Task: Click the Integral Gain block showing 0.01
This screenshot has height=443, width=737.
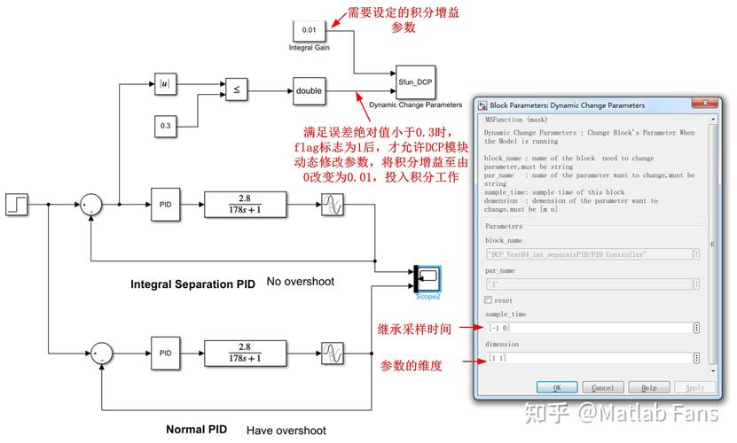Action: pos(309,29)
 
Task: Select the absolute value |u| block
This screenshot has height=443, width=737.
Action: pos(165,85)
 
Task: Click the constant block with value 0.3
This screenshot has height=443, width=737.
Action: pos(165,126)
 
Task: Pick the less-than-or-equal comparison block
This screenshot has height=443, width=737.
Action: pos(236,89)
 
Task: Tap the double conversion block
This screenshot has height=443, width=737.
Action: pos(309,90)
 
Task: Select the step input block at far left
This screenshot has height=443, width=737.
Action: pos(17,205)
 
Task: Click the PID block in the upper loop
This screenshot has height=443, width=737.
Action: pos(165,205)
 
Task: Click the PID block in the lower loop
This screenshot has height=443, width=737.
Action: pos(165,353)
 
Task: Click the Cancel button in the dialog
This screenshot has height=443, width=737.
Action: pos(603,387)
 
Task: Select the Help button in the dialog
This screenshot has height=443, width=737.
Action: pos(649,387)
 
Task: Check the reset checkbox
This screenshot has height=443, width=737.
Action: pos(489,300)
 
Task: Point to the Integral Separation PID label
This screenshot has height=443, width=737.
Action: pos(192,284)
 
